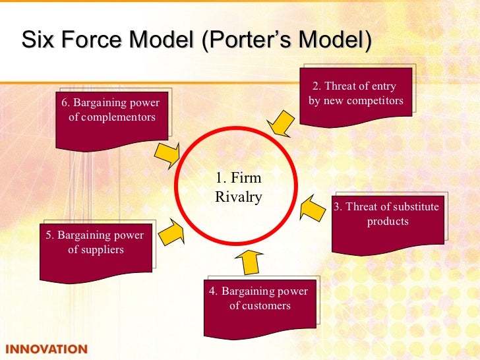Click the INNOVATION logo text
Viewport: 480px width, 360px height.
[x=45, y=349]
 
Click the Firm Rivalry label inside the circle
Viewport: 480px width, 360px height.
[x=238, y=187]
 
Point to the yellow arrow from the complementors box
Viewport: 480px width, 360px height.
[x=167, y=154]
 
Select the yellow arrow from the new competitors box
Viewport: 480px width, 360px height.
[x=280, y=123]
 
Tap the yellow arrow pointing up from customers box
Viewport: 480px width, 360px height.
[x=249, y=261]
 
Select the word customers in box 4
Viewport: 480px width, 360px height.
[x=269, y=306]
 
